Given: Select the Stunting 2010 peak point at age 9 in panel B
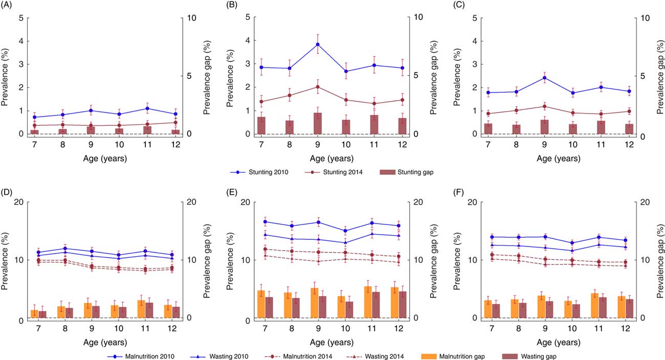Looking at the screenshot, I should coord(318,44).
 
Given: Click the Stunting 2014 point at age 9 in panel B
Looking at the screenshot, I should coord(318,87).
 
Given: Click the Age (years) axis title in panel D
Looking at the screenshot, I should coord(105,343).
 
